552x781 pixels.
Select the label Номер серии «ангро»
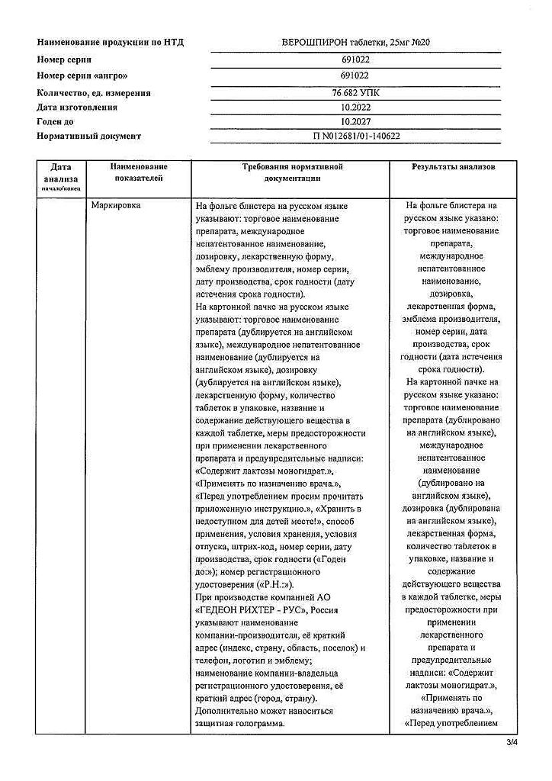click(82, 76)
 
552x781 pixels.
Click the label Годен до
click(58, 121)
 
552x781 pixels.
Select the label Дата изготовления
click(79, 108)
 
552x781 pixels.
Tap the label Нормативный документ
click(89, 136)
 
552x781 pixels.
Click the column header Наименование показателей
click(139, 172)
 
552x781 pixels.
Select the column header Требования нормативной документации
click(292, 172)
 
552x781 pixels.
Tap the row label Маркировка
click(116, 206)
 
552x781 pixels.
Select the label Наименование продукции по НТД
click(111, 42)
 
